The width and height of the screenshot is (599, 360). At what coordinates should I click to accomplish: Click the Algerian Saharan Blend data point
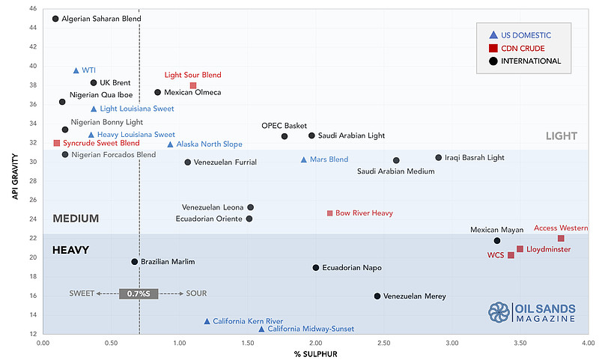(x=55, y=19)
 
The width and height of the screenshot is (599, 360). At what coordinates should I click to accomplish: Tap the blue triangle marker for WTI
(x=76, y=70)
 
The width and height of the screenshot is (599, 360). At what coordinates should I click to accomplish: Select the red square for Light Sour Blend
(x=193, y=85)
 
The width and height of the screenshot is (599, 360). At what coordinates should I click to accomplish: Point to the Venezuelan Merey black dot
(x=377, y=296)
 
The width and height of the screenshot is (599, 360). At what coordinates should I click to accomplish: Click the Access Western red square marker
(x=561, y=238)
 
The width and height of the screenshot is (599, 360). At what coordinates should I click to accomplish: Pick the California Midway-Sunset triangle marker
(x=261, y=329)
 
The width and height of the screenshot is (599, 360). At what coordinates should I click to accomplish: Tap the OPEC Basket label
(x=285, y=126)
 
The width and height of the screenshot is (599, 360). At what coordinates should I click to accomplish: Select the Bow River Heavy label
(x=364, y=213)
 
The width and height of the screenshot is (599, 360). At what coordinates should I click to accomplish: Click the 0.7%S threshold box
(x=139, y=293)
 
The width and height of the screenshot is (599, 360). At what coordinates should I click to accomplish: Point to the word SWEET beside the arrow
(x=82, y=293)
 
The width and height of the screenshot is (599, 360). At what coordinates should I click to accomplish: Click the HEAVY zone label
(x=70, y=251)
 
